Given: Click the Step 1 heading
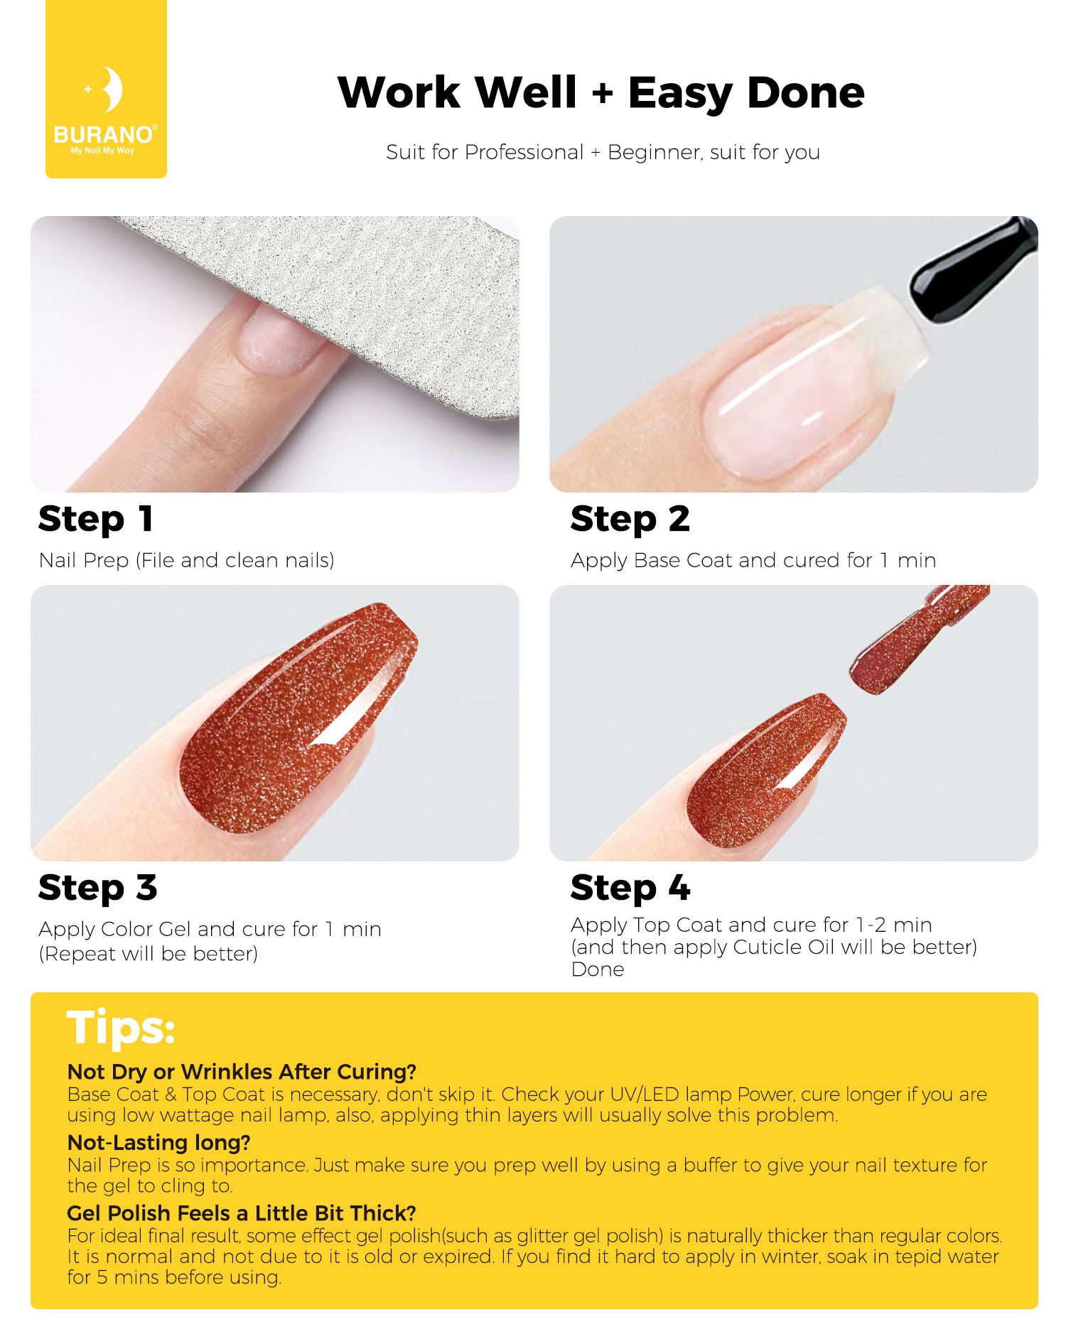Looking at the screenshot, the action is pos(96,519).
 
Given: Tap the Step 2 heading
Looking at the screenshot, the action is pos(630,519).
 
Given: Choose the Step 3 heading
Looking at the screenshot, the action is pos(98,888).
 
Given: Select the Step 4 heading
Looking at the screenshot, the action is pos(630,888).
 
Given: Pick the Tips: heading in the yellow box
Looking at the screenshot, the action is pos(121,1028).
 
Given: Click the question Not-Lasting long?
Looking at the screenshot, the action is pos(159,1142).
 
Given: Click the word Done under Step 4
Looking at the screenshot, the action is pos(598,969).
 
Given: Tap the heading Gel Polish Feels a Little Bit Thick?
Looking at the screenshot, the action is pos(242,1213).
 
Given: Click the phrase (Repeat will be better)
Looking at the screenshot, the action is pos(149,954).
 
